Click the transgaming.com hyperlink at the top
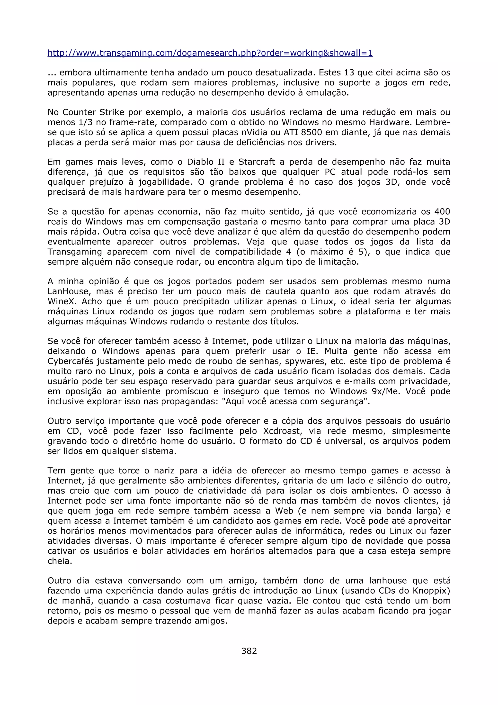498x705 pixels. click(210, 53)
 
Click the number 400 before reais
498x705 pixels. click(442, 212)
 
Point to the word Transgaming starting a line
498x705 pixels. click(75, 252)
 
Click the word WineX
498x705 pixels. click(62, 301)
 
